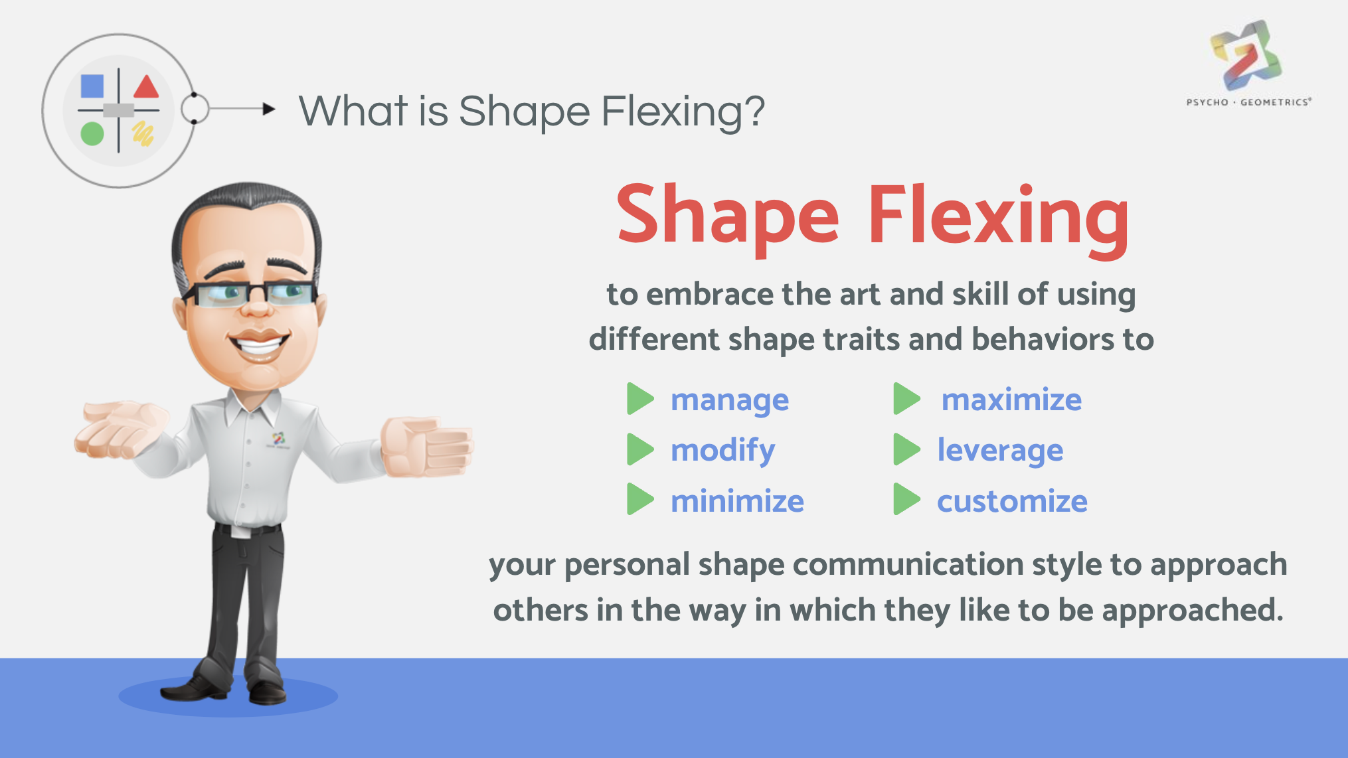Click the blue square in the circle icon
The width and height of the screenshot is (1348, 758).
tap(92, 86)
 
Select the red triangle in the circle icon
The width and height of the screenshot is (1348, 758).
tap(146, 87)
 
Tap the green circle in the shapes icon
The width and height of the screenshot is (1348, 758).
tap(92, 133)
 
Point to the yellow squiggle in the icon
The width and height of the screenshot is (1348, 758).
tap(143, 133)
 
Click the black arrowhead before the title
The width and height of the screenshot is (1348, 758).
tap(269, 109)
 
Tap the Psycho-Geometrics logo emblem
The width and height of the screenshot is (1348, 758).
tap(1246, 55)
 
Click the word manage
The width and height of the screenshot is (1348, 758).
tap(730, 401)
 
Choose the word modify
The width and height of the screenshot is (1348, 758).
tap(723, 451)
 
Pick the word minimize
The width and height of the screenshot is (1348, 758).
tap(737, 500)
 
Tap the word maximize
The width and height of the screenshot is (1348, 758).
tap(1011, 400)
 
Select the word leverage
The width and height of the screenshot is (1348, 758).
tap(1000, 451)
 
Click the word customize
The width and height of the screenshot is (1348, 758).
tap(1012, 501)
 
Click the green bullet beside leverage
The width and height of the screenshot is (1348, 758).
tap(906, 449)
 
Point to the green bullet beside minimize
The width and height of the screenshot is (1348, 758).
tap(640, 499)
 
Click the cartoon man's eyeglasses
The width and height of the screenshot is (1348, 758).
tap(251, 293)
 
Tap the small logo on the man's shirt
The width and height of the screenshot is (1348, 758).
tap(278, 439)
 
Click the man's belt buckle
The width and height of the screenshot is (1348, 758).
tap(240, 532)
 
